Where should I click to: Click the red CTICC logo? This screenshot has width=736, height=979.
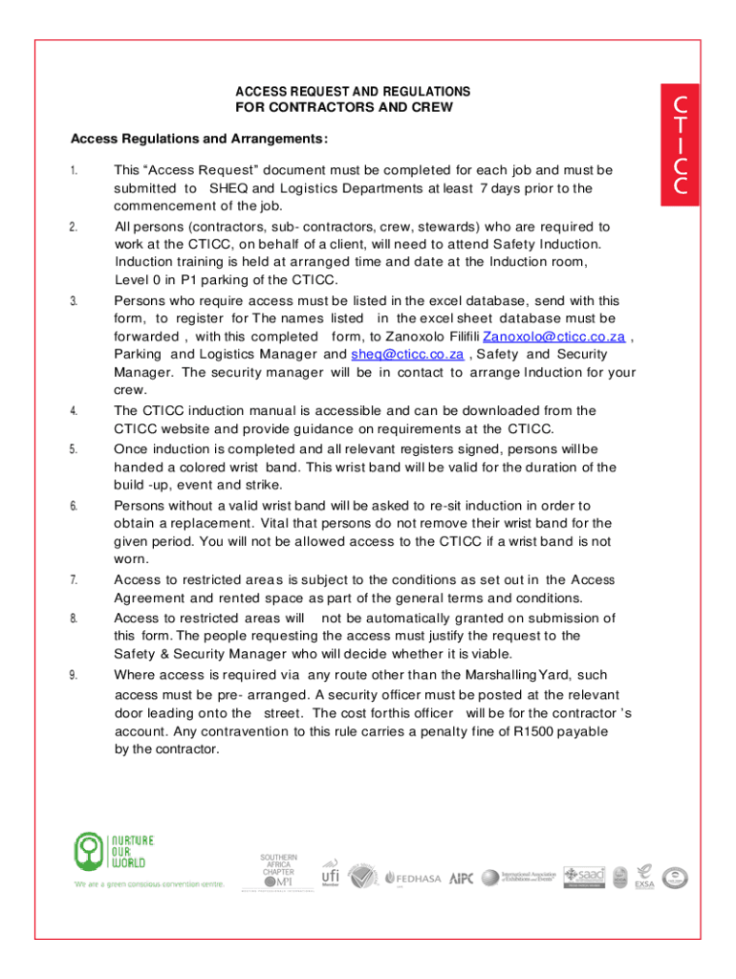[680, 143]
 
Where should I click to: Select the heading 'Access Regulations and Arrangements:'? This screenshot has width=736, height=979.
[199, 140]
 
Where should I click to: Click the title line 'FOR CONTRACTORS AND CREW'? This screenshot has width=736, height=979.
[343, 107]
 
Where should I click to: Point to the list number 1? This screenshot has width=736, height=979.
[73, 170]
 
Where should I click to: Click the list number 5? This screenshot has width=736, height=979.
[73, 449]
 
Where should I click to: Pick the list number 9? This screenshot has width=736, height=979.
[73, 675]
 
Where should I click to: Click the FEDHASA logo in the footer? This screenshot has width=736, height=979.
[415, 878]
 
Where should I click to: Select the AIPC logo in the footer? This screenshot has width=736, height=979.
[461, 878]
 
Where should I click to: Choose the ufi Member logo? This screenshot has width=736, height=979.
[329, 874]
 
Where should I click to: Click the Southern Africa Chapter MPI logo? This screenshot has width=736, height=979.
[278, 870]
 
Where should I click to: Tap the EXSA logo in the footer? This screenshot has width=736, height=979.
[644, 878]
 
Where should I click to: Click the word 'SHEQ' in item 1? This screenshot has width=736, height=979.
[227, 188]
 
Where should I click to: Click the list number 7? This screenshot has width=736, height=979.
[73, 580]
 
